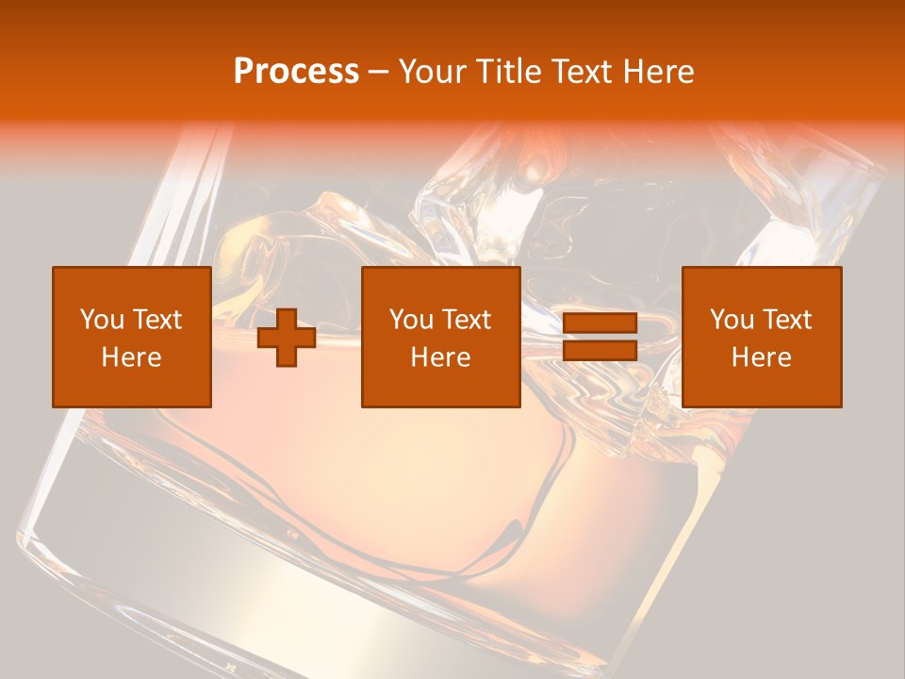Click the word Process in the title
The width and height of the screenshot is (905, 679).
pos(296,72)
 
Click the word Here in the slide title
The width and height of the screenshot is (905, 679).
pos(661,72)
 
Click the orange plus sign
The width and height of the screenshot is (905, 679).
pos(287,338)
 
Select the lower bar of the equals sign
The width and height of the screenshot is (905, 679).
pos(600,350)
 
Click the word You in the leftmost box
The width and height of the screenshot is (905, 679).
pos(101,320)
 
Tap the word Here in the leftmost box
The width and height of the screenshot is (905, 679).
pos(131,357)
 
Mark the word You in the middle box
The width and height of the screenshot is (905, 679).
pos(410,320)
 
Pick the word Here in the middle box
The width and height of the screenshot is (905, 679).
pos(440,357)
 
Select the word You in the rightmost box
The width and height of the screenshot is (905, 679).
pos(731,320)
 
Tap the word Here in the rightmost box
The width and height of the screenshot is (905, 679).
pos(761,357)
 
